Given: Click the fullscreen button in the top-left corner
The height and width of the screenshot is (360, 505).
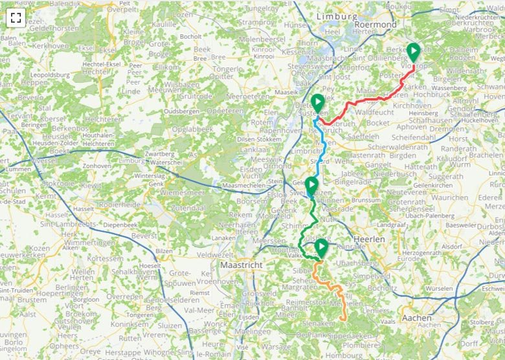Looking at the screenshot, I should tap(16, 17).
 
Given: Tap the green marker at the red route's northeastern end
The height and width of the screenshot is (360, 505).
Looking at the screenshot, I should tap(413, 52).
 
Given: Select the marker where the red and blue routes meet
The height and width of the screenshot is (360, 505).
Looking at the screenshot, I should tap(317, 103).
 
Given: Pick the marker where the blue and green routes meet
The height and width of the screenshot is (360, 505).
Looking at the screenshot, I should tap(311, 186).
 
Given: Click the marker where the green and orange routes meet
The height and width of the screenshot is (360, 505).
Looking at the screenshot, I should tap(321, 248).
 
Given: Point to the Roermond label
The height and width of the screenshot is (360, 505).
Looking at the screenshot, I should tap(376, 24).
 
